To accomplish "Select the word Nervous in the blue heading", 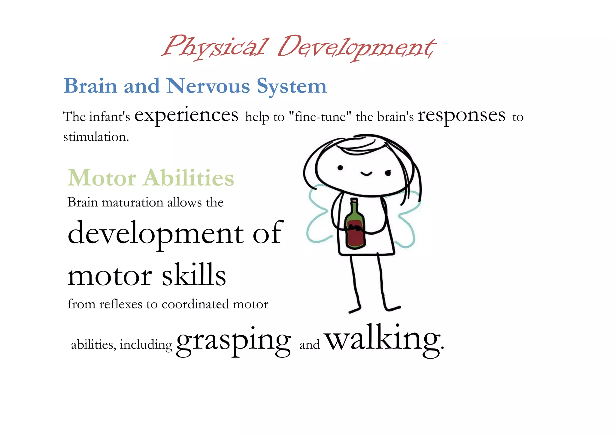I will click(208, 86).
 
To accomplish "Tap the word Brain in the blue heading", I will click(90, 86).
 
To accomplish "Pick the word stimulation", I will click(96, 137).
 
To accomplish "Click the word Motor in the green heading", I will click(102, 178).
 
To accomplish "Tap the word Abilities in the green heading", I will click(189, 178).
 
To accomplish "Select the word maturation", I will click(132, 202).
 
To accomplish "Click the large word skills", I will click(194, 275).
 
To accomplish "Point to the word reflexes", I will click(120, 304).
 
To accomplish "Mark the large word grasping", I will click(233, 341).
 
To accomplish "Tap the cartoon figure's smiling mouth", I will click(366, 174).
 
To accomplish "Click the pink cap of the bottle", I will click(354, 200).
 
